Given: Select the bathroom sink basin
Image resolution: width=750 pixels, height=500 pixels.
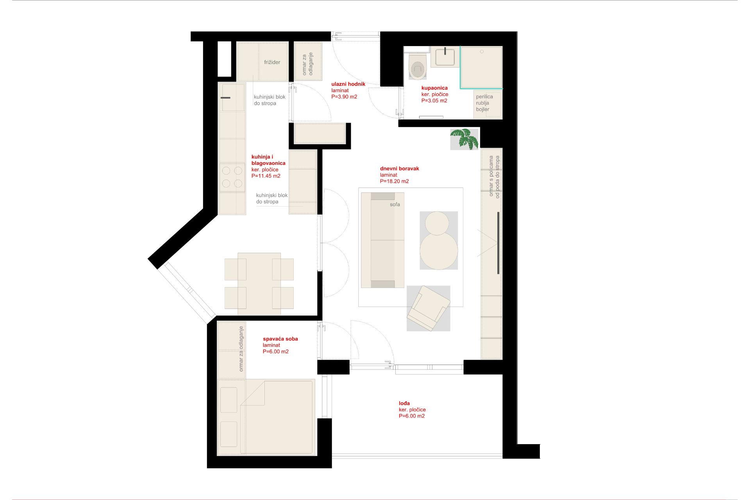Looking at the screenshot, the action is [445, 57].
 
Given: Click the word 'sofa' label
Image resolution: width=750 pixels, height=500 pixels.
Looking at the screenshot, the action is [395, 204].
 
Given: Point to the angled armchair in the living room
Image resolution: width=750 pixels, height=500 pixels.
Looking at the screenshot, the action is [429, 308].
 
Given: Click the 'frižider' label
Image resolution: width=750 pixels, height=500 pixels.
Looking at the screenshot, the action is [272, 62].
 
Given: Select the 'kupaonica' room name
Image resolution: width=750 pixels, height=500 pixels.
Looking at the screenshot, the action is [434, 88].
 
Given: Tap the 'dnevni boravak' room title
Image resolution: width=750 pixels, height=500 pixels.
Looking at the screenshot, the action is [399, 168].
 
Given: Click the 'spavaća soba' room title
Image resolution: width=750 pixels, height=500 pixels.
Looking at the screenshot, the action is [280, 339].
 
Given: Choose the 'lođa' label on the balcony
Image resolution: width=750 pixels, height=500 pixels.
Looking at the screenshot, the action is [404, 403].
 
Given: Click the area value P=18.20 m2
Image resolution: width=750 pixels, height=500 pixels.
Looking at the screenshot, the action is [394, 181].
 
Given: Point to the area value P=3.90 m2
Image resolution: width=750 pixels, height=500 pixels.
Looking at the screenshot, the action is [344, 97].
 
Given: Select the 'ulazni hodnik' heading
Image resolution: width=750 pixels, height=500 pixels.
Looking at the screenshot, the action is [348, 84].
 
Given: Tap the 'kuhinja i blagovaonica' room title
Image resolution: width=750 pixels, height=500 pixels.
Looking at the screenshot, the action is [268, 160].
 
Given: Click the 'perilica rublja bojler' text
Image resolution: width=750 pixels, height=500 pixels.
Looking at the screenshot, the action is [484, 103].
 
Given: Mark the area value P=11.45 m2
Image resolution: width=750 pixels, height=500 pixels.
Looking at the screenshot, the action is [266, 176].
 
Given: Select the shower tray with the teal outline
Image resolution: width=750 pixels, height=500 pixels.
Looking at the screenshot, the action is [481, 67].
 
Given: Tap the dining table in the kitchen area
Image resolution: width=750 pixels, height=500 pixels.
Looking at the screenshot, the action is [259, 284].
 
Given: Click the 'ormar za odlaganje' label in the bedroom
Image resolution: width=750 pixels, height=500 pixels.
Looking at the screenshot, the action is [241, 349].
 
